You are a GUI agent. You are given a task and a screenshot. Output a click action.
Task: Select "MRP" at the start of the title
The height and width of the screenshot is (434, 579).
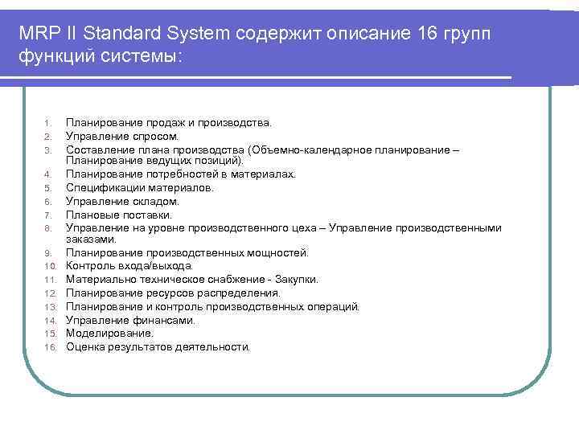click(x=39, y=34)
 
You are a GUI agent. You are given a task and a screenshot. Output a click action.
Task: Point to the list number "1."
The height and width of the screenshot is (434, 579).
click(x=47, y=123)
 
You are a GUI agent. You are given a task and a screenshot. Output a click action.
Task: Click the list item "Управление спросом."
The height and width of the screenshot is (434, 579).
click(x=122, y=136)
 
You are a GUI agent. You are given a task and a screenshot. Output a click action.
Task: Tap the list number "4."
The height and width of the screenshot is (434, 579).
click(x=47, y=174)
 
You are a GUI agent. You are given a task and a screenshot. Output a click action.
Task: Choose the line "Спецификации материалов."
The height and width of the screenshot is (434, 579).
click(x=140, y=187)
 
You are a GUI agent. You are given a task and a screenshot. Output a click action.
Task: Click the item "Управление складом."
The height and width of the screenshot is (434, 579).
click(x=122, y=201)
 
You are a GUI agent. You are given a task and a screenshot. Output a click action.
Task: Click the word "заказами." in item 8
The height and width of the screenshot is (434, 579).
click(x=91, y=239)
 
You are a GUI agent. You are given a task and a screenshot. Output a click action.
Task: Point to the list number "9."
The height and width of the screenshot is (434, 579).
click(x=47, y=253)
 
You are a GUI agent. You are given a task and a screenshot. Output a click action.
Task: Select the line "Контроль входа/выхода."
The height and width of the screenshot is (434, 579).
click(x=129, y=266)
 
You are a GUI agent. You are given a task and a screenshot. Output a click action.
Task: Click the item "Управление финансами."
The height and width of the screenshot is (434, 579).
click(x=130, y=320)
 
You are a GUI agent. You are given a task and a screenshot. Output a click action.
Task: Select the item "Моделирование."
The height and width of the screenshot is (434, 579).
click(x=109, y=333)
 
